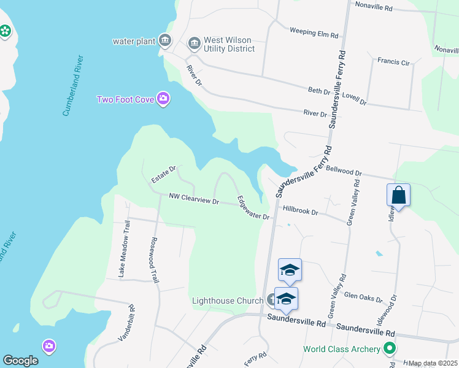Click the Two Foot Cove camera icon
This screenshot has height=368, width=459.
163,99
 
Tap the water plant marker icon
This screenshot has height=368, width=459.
165,41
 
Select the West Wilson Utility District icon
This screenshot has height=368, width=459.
195,42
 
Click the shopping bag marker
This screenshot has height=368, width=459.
398,196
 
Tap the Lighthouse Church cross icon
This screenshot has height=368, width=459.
272,300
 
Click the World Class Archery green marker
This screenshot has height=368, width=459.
389,349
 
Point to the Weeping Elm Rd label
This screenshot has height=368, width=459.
314,33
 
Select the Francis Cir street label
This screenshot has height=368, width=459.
393,61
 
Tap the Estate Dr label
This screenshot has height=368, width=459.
164,174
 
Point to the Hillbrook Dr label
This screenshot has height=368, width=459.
300,212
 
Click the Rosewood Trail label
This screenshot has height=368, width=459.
155,260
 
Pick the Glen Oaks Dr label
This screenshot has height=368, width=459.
364,297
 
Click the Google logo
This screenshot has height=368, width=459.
20,360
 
